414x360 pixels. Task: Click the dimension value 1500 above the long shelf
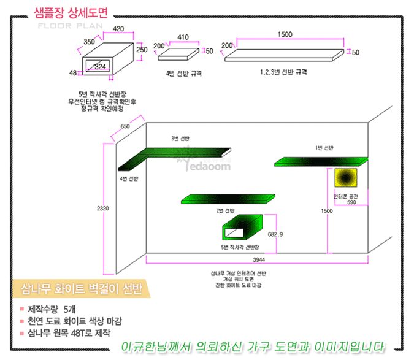[284, 34]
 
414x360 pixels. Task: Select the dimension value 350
[89, 42]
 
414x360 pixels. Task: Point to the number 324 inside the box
[100, 66]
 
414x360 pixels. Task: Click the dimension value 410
[183, 37]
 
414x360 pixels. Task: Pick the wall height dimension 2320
[103, 209]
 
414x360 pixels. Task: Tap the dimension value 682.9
[276, 234]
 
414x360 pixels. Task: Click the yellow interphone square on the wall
[345, 177]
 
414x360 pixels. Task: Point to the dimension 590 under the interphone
[351, 202]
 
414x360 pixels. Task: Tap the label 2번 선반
[225, 210]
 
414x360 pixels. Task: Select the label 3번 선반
[180, 139]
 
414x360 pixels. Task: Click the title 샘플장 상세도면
[72, 13]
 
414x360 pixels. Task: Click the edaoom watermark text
[201, 166]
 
